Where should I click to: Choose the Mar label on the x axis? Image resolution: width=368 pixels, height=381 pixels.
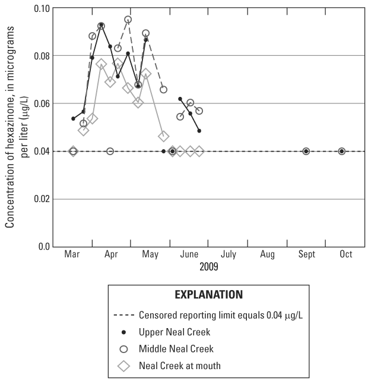(72, 254)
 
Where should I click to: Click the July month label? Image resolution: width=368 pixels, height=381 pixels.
(229, 254)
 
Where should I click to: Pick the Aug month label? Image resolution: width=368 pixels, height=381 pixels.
(267, 254)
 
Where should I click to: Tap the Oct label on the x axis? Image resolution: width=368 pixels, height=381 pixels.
(345, 254)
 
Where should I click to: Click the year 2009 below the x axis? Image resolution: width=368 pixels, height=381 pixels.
(208, 267)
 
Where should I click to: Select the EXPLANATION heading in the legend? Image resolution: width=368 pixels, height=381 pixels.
(208, 294)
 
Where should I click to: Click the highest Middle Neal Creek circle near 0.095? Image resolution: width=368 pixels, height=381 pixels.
(128, 20)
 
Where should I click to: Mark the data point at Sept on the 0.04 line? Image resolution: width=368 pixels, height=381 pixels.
(306, 152)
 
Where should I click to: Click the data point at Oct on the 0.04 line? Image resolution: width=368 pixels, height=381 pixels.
(342, 152)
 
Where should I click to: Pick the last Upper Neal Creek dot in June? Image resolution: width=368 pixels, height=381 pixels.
(199, 131)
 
